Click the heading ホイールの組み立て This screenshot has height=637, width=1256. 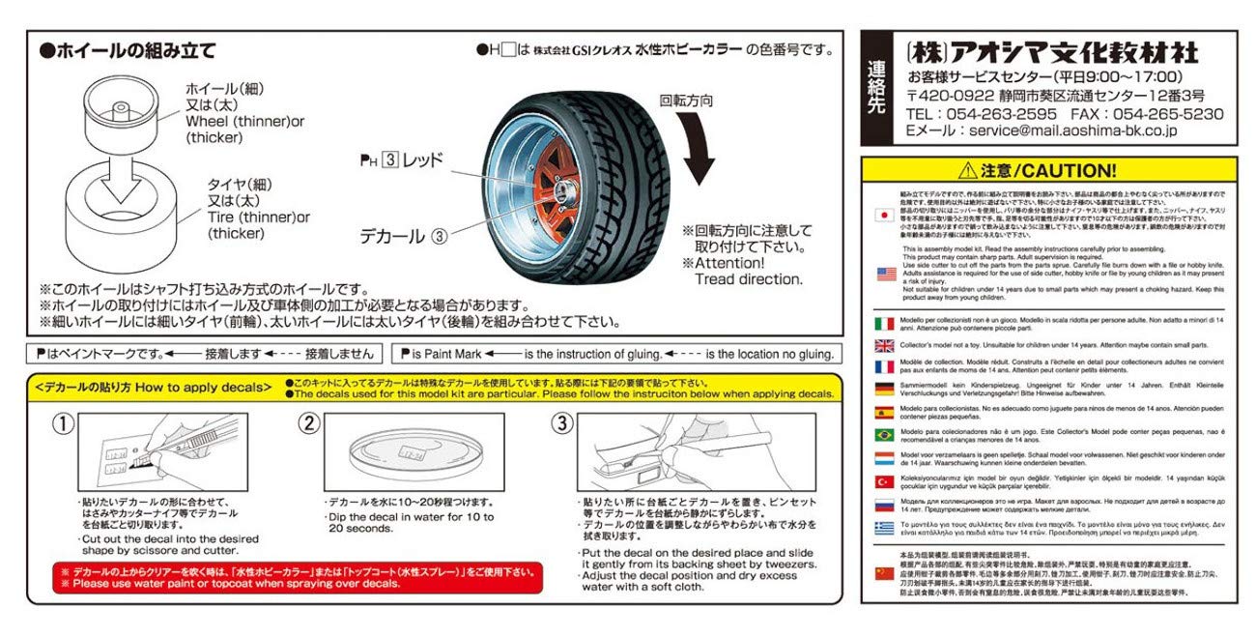[126, 50]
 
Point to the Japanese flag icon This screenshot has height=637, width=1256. [883, 215]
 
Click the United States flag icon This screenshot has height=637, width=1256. [883, 274]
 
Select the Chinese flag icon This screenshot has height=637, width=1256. [883, 571]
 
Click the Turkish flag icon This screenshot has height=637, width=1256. [883, 480]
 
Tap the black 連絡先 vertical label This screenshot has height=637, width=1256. [876, 88]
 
